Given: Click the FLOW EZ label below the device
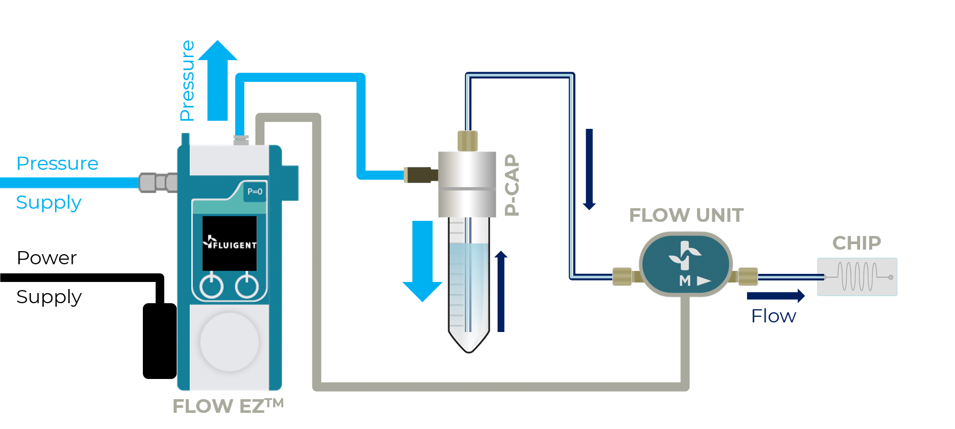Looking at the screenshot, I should (x=228, y=406).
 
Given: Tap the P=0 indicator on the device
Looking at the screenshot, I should (x=254, y=192).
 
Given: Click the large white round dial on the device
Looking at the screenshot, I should (x=230, y=342).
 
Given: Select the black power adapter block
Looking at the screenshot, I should (x=160, y=341).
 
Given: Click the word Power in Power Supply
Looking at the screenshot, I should (x=46, y=258).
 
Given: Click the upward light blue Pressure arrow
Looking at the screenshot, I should (x=218, y=81).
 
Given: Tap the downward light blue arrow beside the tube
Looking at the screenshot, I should (x=422, y=260).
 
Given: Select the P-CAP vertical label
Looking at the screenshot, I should (x=512, y=185).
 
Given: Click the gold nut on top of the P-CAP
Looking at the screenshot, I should (x=467, y=140).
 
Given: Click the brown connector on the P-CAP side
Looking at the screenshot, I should (x=420, y=175).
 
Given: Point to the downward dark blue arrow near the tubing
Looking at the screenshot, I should (x=589, y=169).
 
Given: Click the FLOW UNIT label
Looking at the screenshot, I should (x=686, y=215).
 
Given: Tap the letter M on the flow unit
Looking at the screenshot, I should (x=684, y=281).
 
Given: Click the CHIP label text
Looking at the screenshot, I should (x=856, y=243).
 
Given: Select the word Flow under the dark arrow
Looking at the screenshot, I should (x=773, y=316).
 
